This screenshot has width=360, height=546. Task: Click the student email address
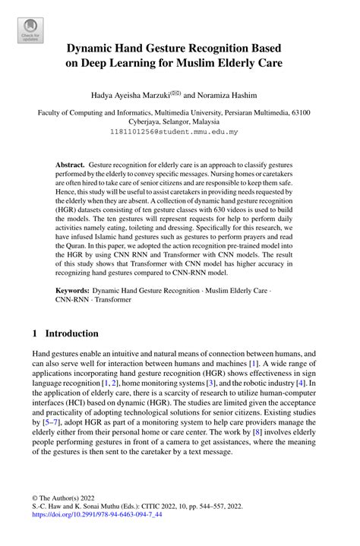(x=179, y=131)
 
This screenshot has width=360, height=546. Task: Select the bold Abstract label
(x=72, y=164)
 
